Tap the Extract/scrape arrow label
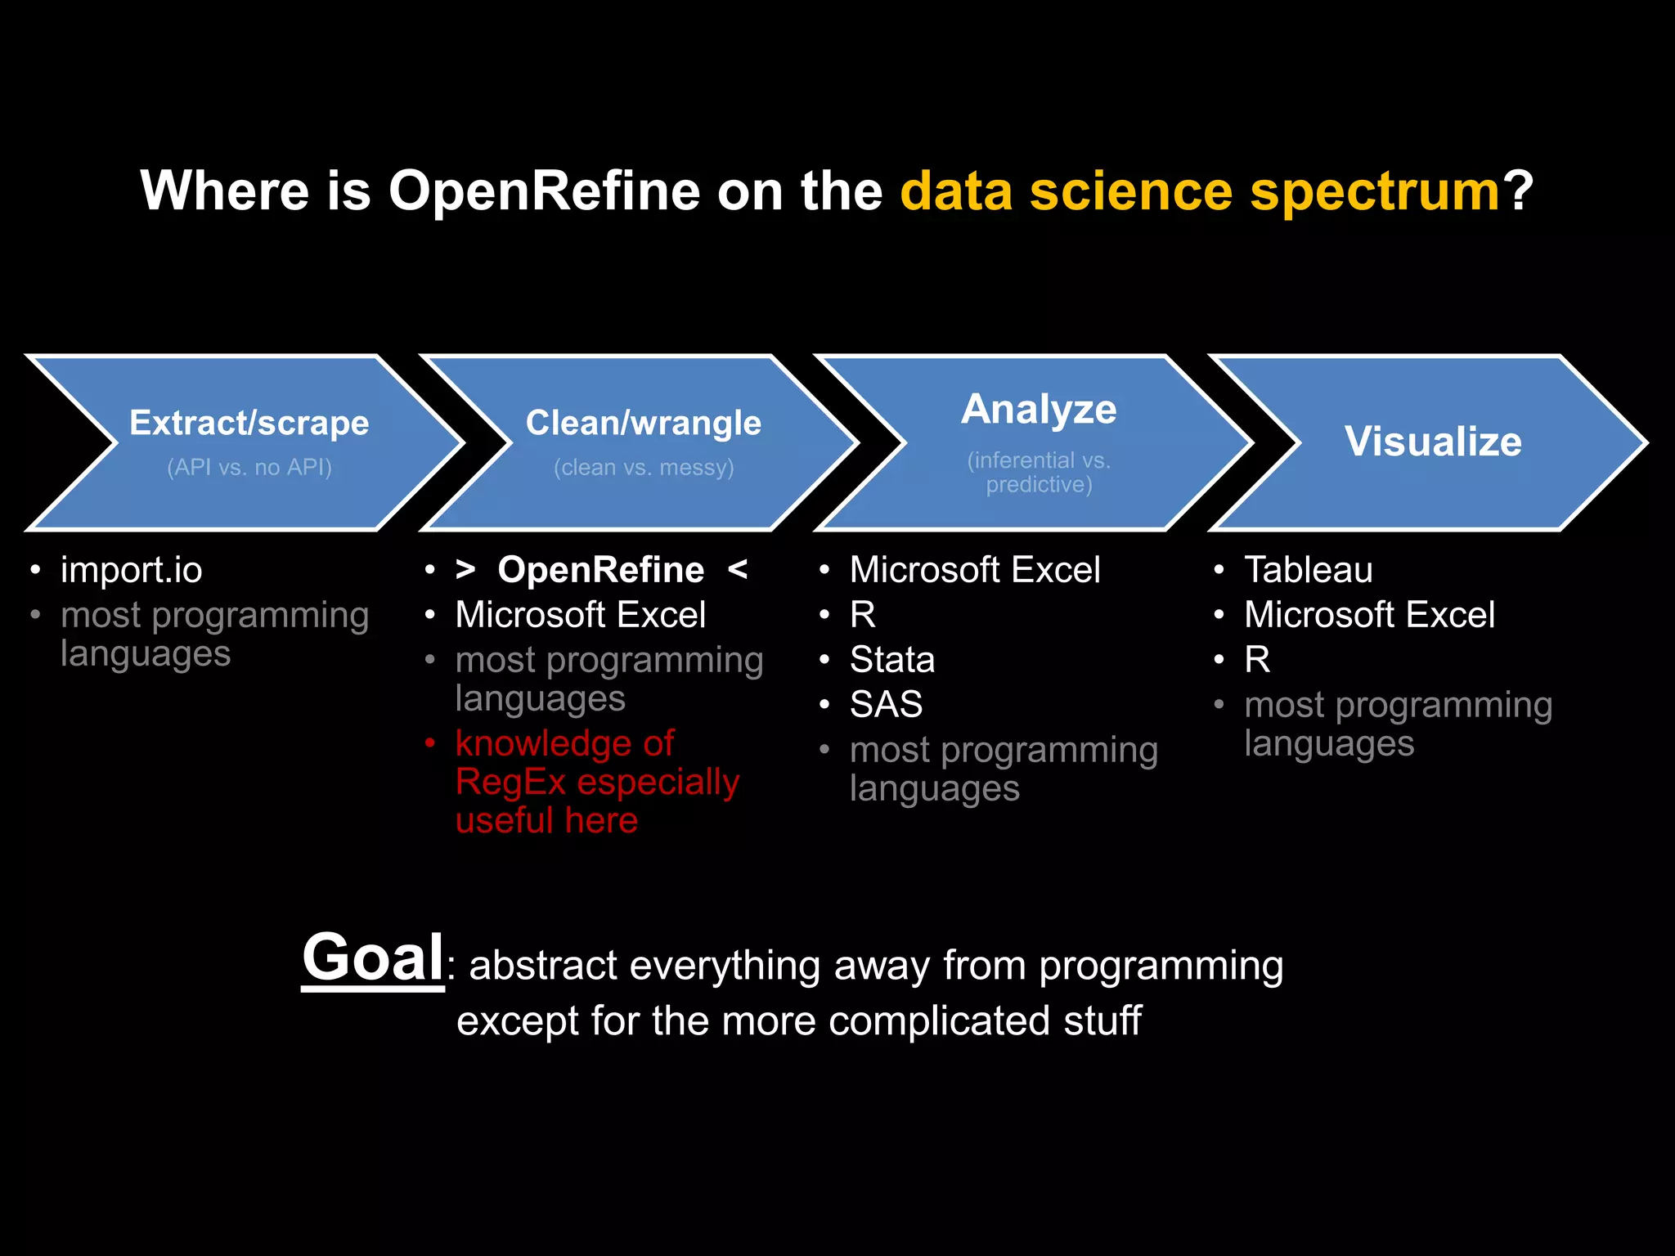[x=249, y=424]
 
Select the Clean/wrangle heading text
[x=644, y=424]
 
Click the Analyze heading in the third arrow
[x=1039, y=409]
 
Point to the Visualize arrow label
[x=1433, y=442]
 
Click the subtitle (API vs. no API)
[x=249, y=467]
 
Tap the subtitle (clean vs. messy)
[x=644, y=467]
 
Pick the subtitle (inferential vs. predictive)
[x=1039, y=472]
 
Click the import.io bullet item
[x=131, y=570]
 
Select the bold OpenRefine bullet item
[x=600, y=570]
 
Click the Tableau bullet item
[x=1308, y=570]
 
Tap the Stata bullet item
[x=891, y=660]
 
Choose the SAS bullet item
[x=886, y=705]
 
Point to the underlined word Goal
[x=373, y=958]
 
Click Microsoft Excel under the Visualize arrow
[x=1369, y=615]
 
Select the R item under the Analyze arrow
[x=863, y=615]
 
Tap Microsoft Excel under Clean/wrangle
[x=580, y=615]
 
